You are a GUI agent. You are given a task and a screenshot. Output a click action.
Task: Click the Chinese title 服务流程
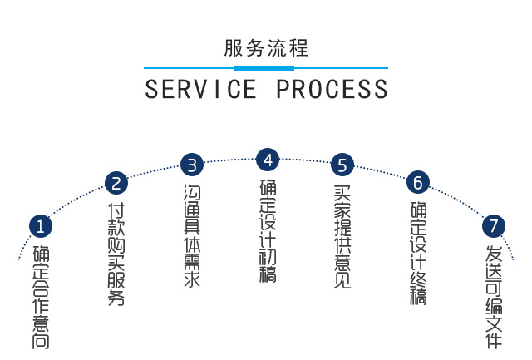pyautogui.click(x=266, y=48)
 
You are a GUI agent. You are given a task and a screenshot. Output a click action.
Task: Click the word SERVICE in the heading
pyautogui.click(x=200, y=89)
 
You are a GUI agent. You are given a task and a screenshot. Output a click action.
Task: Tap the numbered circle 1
pyautogui.click(x=41, y=225)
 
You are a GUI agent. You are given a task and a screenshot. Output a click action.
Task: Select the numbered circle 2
pyautogui.click(x=116, y=183)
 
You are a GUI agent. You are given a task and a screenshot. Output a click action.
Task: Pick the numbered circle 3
pyautogui.click(x=192, y=164)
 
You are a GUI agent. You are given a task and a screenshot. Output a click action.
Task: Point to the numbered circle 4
pyautogui.click(x=267, y=159)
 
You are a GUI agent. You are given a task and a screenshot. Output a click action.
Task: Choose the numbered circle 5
pyautogui.click(x=342, y=164)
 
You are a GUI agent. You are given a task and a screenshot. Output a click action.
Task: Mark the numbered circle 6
pyautogui.click(x=418, y=182)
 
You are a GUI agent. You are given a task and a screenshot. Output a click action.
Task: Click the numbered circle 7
pyautogui.click(x=494, y=224)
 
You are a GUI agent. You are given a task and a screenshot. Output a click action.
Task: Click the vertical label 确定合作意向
pyautogui.click(x=41, y=296)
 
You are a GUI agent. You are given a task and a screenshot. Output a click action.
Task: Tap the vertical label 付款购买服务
pyautogui.click(x=116, y=254)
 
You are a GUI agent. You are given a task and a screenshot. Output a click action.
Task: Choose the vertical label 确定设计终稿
pyautogui.click(x=418, y=253)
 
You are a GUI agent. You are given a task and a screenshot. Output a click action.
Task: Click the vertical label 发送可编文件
pyautogui.click(x=494, y=296)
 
